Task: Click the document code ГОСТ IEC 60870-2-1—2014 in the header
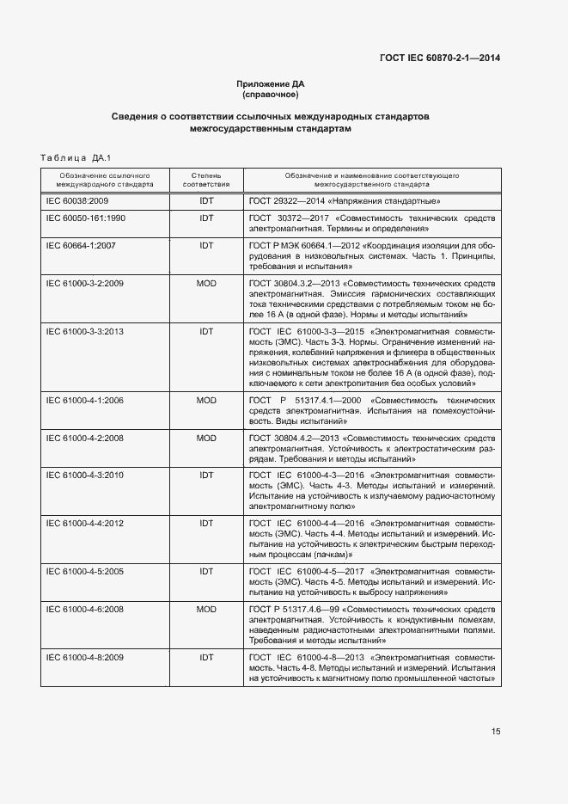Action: tap(440, 58)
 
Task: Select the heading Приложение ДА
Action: tap(271, 83)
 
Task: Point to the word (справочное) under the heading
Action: tap(271, 94)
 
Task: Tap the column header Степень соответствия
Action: tap(206, 179)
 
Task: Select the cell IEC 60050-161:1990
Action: tap(85, 218)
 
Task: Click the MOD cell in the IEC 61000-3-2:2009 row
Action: tap(206, 283)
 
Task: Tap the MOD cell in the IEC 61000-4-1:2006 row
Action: tap(206, 400)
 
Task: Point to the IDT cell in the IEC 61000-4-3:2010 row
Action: tap(206, 475)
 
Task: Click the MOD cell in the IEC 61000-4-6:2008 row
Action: tap(206, 608)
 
